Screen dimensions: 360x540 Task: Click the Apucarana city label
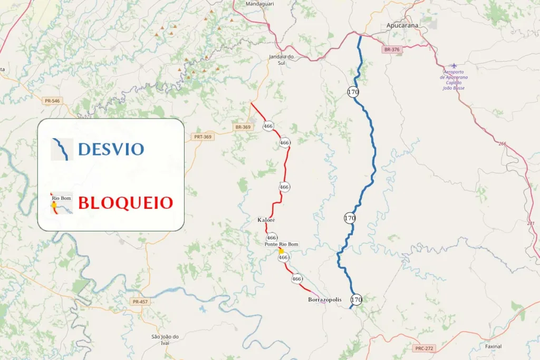pos(403,25)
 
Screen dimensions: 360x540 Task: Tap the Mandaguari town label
pos(260,4)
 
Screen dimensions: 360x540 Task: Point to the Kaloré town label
pos(266,219)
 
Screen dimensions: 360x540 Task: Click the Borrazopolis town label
pos(324,299)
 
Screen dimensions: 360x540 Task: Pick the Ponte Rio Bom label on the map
pos(281,245)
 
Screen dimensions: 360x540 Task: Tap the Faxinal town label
pos(493,346)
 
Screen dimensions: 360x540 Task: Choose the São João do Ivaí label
pos(165,339)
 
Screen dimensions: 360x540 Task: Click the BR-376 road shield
pos(392,50)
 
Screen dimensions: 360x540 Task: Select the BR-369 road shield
pos(243,127)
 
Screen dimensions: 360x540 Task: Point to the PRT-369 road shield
pos(202,137)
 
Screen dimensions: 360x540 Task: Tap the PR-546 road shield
pos(52,100)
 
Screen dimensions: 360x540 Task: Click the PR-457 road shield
pos(140,301)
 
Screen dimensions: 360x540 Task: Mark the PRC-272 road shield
pos(423,348)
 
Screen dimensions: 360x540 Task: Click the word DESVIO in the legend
pos(111,149)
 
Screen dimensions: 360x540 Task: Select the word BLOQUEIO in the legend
pos(126,202)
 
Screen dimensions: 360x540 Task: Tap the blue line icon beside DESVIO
pos(62,149)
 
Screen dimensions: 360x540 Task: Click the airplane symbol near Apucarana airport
pos(454,66)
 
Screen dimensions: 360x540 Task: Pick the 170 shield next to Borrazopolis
pos(357,300)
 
